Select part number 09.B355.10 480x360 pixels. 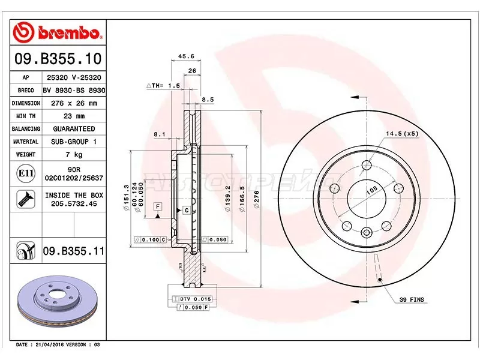57,59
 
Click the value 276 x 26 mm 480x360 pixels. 74,103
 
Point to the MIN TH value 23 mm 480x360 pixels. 74,116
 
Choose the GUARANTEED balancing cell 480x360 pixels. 74,129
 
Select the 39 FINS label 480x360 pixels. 411,298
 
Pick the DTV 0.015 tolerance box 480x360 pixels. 194,298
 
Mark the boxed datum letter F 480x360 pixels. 158,206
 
